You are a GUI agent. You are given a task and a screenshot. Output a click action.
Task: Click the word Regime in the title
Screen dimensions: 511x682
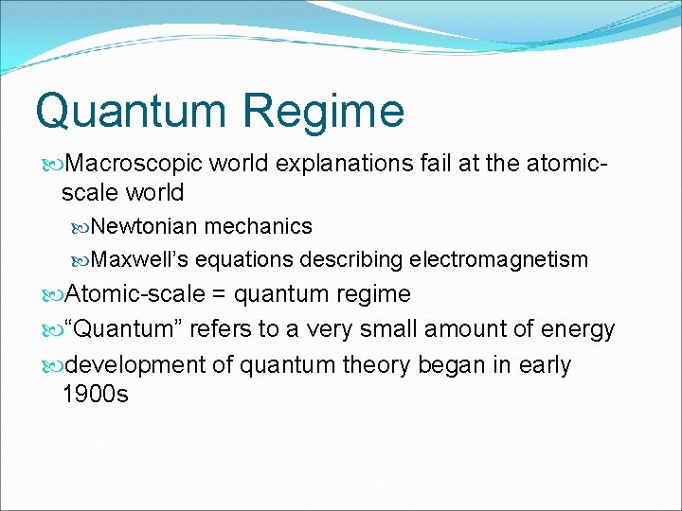click(324, 112)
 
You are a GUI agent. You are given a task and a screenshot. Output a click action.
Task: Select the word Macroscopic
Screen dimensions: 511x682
click(135, 164)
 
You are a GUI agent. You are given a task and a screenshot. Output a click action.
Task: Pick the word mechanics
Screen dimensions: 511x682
click(258, 226)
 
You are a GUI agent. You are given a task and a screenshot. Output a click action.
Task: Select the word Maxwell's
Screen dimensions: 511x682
click(141, 259)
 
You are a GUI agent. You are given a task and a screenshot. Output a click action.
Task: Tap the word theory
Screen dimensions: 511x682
click(369, 365)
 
